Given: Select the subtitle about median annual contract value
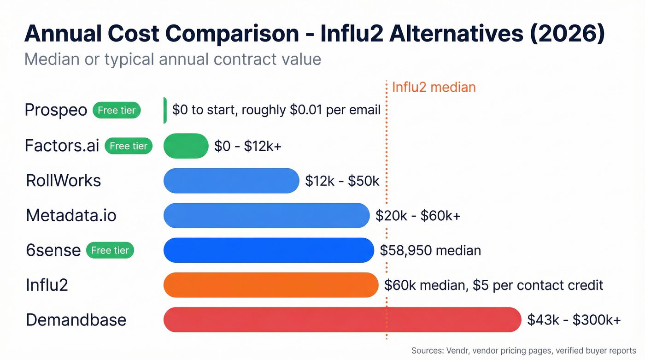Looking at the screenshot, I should click(x=172, y=59).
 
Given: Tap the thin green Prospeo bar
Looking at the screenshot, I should click(x=165, y=111).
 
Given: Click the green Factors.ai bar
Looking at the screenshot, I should click(x=186, y=146).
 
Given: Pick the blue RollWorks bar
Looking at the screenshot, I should click(x=231, y=181).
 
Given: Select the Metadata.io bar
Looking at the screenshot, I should click(x=266, y=215).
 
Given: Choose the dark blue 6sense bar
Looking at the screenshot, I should click(x=268, y=250).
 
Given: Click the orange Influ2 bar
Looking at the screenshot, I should click(x=270, y=285).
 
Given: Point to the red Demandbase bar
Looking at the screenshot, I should click(x=342, y=319).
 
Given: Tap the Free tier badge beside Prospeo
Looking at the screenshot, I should click(x=117, y=111).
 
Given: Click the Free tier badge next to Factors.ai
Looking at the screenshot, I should click(x=129, y=146).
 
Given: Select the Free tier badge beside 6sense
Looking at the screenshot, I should click(x=110, y=250).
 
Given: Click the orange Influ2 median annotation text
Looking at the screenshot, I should click(x=434, y=87).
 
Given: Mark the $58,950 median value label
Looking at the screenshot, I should click(x=430, y=250).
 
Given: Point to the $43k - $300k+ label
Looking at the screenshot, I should click(x=574, y=319).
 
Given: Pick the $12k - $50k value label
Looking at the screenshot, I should click(x=342, y=181).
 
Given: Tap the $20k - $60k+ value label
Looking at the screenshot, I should click(x=418, y=215).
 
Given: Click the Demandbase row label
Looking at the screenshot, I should click(x=76, y=319).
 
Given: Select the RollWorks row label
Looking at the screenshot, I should click(x=64, y=180).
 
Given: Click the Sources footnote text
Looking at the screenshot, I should click(x=523, y=351).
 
